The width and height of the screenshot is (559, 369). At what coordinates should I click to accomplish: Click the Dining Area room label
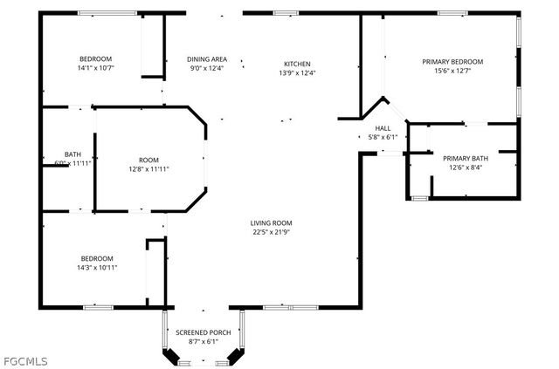tap(207, 59)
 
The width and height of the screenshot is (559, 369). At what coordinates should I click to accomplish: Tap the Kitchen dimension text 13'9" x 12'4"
tap(297, 73)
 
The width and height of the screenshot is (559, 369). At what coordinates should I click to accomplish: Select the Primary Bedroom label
tap(452, 62)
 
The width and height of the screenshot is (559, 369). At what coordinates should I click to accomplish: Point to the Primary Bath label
tap(466, 158)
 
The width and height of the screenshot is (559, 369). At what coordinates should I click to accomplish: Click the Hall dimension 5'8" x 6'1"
tap(383, 137)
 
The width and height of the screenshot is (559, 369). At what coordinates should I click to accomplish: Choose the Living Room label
tap(271, 223)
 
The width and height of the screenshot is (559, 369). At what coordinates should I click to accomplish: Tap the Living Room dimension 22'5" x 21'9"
tap(271, 232)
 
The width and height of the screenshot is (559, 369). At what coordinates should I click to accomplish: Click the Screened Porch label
tap(204, 332)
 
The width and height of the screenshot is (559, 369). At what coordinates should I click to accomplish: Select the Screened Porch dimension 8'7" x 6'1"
tap(204, 342)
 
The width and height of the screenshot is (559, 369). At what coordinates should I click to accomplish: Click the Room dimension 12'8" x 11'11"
tap(148, 169)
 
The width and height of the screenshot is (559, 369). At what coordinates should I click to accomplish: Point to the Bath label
tap(72, 154)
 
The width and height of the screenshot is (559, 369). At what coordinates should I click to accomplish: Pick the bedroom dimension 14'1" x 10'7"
tap(95, 68)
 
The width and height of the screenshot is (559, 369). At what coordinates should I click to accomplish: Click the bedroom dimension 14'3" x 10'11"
tap(97, 268)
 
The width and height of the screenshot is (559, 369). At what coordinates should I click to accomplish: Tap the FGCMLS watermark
tap(24, 361)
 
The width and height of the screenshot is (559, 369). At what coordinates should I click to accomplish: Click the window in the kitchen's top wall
tap(286, 13)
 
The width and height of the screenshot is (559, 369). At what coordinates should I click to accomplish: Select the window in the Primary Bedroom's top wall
tap(452, 13)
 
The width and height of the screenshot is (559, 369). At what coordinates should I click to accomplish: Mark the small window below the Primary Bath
tap(419, 198)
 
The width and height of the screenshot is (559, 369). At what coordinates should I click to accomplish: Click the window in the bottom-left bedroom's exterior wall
tap(99, 307)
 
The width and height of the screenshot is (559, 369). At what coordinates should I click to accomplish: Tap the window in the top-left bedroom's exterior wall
tap(107, 13)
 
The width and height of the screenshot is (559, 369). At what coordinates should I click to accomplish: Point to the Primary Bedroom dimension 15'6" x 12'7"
tap(452, 71)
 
